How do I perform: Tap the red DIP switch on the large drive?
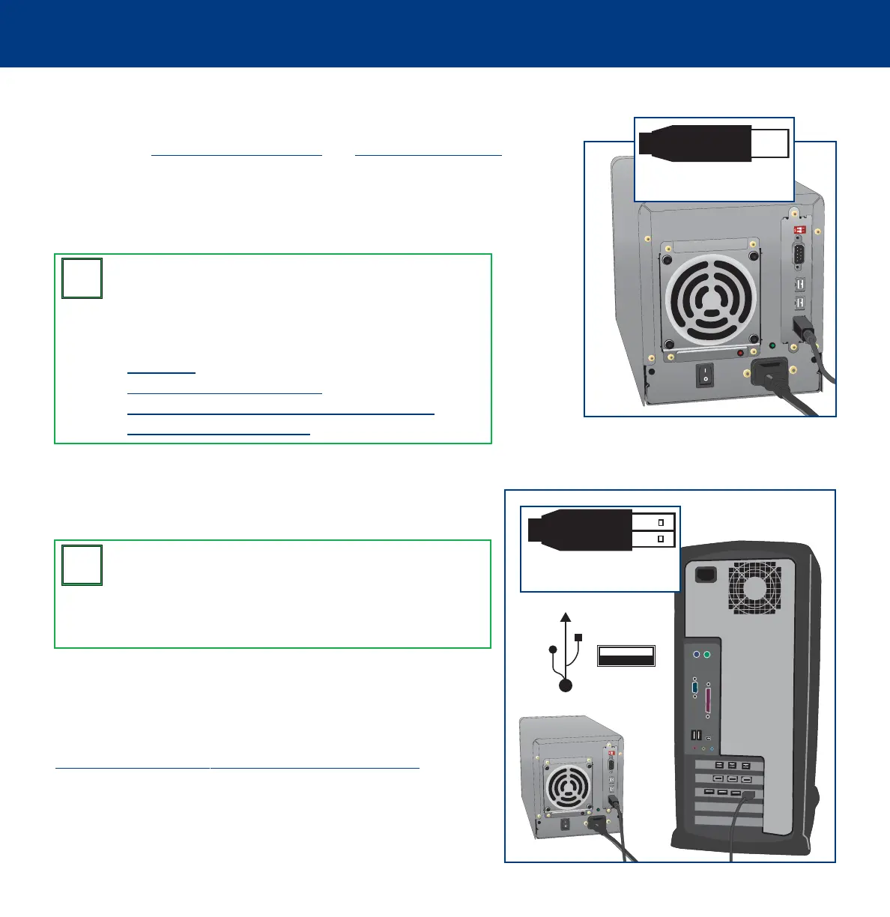pos(799,229)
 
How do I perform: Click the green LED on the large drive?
pos(773,346)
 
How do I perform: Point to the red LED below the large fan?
pos(741,353)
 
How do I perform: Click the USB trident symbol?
pos(565,652)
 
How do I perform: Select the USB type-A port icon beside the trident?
pos(626,656)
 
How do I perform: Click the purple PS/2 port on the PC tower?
pos(697,654)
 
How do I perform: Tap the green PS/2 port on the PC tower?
pos(708,654)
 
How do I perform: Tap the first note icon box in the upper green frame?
pos(82,279)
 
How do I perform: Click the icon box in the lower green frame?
pos(82,566)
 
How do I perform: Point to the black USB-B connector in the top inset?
pos(697,143)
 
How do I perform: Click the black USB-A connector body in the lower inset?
pos(581,530)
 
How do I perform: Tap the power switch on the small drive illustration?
pos(565,824)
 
